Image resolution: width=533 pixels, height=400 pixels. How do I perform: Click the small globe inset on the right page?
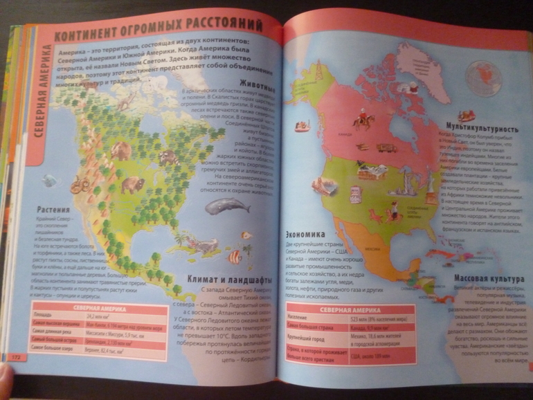coord(482,75)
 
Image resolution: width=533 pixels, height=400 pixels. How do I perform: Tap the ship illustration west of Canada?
coord(302,126)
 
